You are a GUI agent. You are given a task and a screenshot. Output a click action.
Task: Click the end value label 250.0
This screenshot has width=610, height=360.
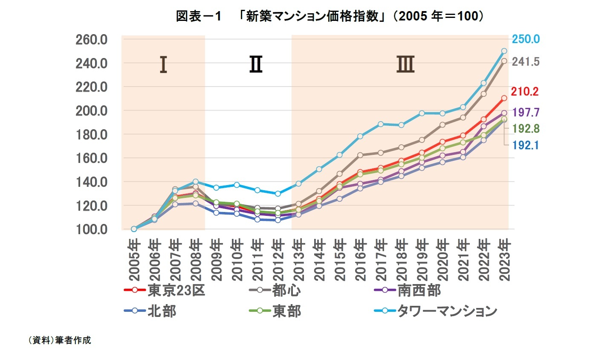526,39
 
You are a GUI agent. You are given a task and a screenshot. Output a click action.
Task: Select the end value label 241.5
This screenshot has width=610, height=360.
526,62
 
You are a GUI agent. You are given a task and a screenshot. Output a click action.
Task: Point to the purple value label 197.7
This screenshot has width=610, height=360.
526,112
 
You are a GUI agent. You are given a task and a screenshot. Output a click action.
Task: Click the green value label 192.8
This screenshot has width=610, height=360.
526,128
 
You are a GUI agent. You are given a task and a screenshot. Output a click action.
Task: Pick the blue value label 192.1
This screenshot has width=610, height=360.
526,145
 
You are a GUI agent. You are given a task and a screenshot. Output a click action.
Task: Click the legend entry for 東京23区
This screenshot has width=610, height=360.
165,290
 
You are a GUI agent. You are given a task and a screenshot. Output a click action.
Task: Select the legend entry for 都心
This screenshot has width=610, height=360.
275,290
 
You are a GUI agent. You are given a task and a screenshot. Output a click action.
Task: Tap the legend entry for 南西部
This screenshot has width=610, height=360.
407,290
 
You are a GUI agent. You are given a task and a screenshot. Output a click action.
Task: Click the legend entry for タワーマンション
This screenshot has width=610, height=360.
435,311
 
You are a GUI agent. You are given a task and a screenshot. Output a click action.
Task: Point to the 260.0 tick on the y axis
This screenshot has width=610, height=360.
91,40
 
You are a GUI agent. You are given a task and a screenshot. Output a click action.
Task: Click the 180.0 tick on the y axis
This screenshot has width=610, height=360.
91,135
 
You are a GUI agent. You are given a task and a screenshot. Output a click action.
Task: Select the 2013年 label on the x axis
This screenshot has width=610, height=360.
298,260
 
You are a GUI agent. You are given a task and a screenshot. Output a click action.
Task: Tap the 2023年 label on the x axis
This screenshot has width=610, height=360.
504,260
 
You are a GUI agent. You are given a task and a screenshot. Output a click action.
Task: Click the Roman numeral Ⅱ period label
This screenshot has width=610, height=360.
256,65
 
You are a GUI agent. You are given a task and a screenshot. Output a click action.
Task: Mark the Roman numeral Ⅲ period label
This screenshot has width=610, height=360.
405,65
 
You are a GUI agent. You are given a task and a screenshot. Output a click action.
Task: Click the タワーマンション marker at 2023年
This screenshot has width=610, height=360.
504,51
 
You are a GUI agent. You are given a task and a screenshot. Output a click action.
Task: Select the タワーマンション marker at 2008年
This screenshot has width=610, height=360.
195,181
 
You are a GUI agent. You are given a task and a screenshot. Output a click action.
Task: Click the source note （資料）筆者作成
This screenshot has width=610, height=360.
59,340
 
